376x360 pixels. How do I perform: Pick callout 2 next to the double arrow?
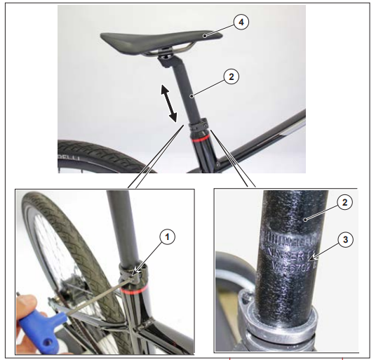(229, 76)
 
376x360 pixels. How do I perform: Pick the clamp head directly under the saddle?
(166, 60)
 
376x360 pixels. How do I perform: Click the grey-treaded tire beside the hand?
(39, 232)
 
